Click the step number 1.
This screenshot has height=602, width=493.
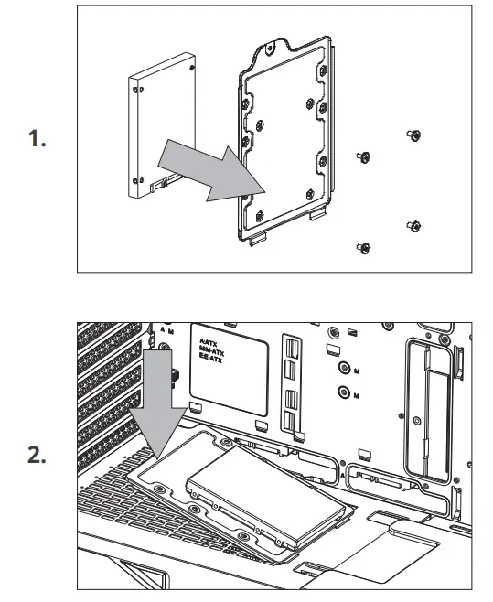click(38, 142)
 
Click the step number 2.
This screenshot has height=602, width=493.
click(38, 456)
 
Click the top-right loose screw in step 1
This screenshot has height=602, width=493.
click(413, 135)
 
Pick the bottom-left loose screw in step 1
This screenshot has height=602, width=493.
click(364, 248)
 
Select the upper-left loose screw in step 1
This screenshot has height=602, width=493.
click(364, 157)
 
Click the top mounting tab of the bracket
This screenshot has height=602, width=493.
click(274, 38)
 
